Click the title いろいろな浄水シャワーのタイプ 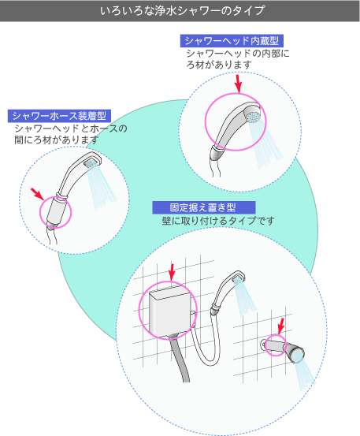pos(182,11)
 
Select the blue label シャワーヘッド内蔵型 pos(232,41)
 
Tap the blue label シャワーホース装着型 pos(59,116)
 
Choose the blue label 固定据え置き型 pos(204,207)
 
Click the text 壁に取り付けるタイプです pos(218,221)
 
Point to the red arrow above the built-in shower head pos(238,84)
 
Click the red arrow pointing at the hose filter pos(37,193)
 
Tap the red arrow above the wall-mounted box pos(172,272)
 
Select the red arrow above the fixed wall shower pos(281,326)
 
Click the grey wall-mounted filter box pos(170,311)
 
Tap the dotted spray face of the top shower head pos(253,116)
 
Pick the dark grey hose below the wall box pos(180,358)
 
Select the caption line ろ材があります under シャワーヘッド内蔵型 pos(219,65)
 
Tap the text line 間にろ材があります pos(57,140)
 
